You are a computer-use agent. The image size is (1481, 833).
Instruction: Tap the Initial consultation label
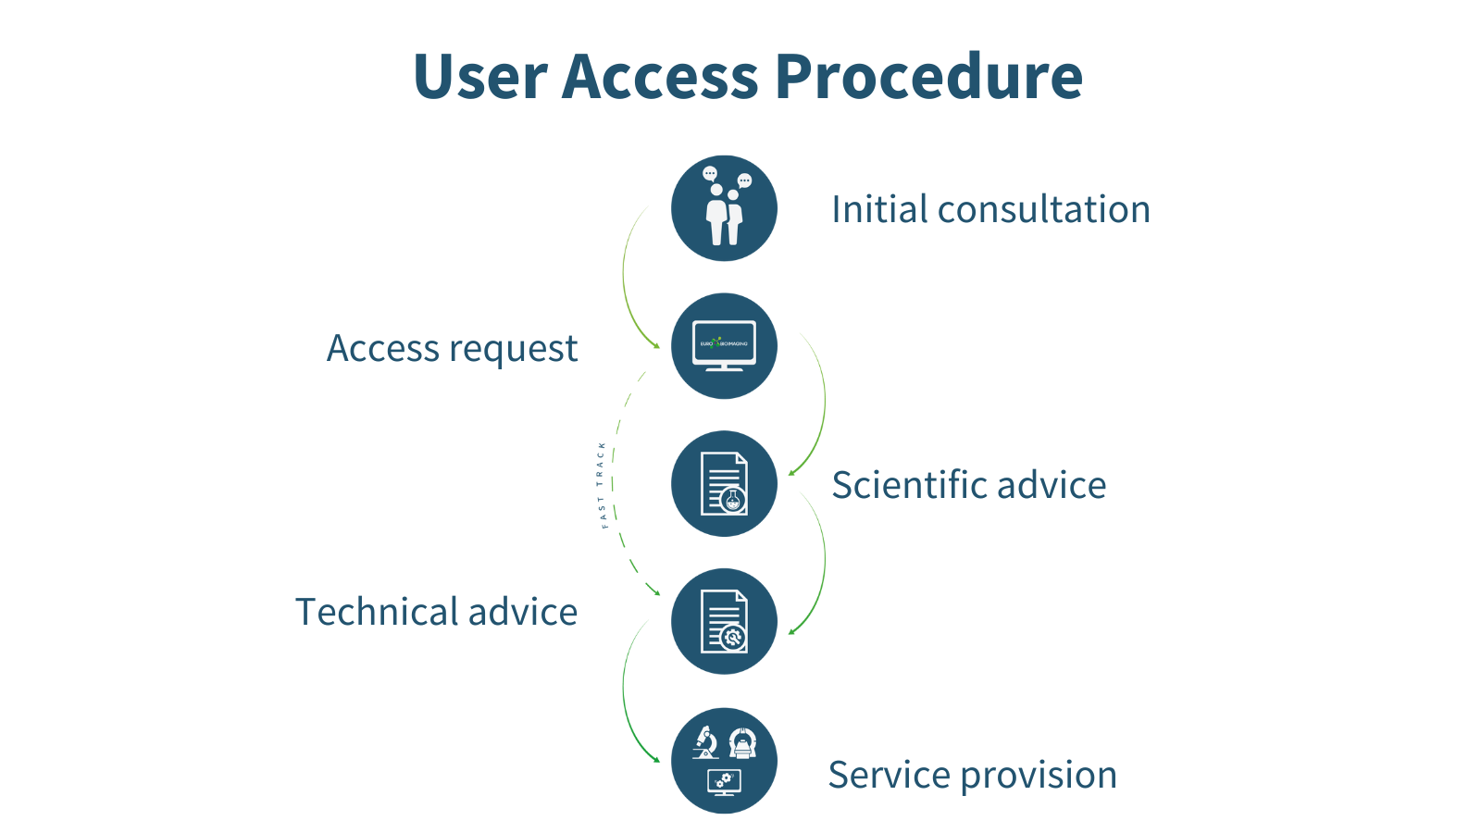point(990,209)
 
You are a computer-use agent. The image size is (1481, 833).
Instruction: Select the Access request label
point(452,349)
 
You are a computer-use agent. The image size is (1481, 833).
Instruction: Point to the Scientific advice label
point(968,485)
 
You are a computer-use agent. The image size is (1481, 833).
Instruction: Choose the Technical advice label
point(436,612)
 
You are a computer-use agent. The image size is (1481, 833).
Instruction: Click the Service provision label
point(972,775)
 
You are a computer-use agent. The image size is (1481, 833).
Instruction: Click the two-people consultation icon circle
point(724,208)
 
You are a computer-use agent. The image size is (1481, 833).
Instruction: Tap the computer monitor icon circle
point(724,346)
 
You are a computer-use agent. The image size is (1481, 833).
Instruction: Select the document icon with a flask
point(724,483)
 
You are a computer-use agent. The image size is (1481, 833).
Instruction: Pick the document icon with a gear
point(724,621)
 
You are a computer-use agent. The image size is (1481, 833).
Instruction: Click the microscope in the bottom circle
point(705,742)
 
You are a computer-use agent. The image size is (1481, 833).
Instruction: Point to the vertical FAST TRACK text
point(602,485)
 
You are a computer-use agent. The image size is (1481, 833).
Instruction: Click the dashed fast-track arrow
point(616,481)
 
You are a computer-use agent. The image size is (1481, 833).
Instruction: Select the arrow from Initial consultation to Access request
point(625,278)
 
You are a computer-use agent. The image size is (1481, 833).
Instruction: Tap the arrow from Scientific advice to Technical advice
point(823,560)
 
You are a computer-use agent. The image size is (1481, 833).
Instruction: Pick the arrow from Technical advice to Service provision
point(626,694)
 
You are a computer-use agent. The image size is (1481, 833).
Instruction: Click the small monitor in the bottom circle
point(724,783)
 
